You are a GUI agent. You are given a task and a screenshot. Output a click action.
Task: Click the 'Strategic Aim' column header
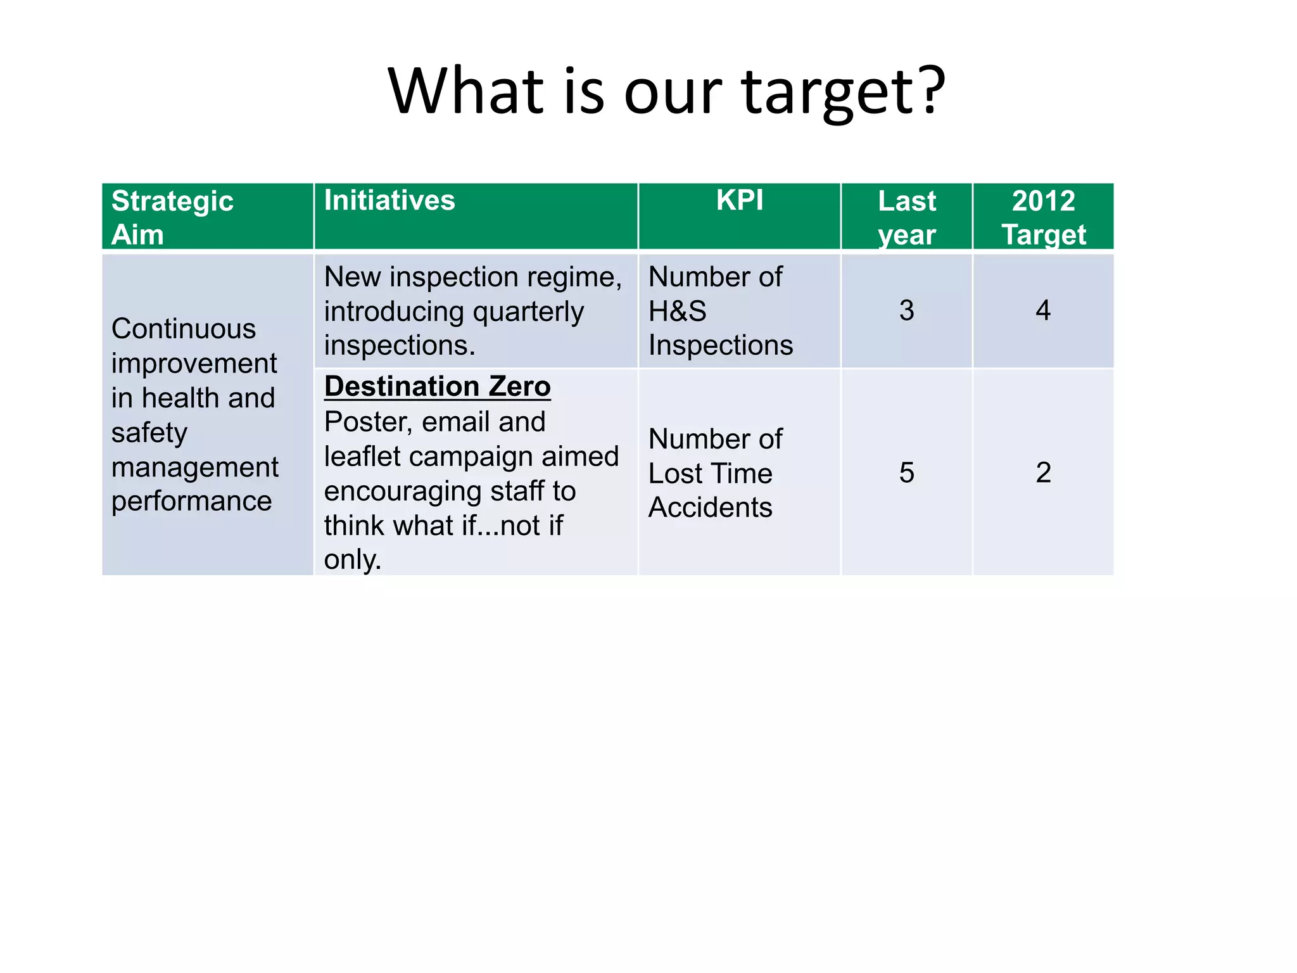172,217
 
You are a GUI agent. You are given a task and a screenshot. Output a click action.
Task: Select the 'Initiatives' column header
389,201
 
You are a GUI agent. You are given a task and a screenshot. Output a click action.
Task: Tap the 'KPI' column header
739,201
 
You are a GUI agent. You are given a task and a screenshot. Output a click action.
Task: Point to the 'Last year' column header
906,217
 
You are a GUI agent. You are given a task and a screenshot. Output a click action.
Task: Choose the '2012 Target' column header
1043,217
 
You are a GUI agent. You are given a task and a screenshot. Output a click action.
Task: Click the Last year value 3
906,310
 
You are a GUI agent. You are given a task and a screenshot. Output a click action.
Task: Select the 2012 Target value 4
1043,310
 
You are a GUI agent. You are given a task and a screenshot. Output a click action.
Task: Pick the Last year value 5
906,473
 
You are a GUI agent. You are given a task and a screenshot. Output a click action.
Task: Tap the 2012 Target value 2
1043,473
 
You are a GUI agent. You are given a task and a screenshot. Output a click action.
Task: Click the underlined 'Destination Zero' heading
437,386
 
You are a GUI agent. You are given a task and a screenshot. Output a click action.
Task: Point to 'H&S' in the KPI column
677,311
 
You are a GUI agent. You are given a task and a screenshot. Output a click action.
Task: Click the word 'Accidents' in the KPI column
710,507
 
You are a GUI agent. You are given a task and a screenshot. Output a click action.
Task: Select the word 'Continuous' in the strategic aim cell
184,329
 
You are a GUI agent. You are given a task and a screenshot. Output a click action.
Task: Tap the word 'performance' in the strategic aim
191,501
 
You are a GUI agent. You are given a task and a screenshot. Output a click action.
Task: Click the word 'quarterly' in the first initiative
528,312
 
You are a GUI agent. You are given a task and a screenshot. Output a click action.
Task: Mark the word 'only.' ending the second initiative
353,559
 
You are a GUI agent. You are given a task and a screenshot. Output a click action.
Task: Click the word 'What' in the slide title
466,91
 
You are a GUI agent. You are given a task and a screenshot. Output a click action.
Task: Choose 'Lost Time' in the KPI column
710,473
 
